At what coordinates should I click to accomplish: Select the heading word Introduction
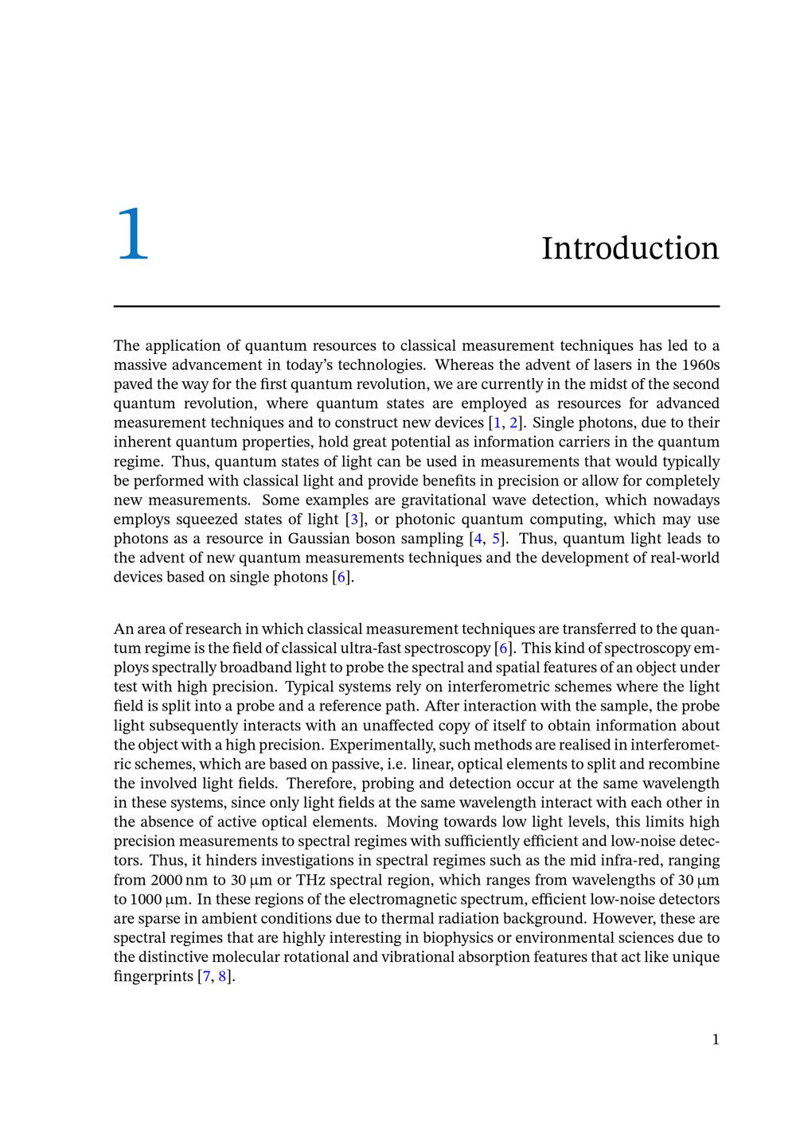pos(630,248)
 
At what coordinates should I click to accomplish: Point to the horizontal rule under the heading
pos(416,306)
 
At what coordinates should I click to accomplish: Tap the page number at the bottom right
pos(716,1039)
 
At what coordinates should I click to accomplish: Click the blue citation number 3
pos(355,520)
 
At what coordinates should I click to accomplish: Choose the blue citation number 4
pos(478,539)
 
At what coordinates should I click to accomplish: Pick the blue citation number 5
pos(497,539)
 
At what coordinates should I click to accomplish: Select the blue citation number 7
pos(205,976)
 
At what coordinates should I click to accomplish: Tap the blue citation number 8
pos(223,976)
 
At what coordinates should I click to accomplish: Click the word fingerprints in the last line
pos(153,976)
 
